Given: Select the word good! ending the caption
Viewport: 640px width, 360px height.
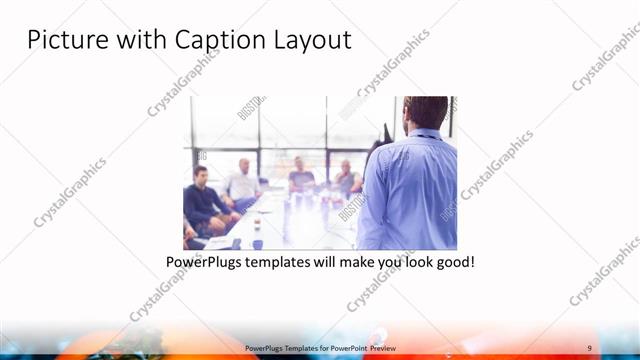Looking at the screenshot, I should [452, 263].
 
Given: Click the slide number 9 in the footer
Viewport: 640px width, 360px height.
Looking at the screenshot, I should [589, 348].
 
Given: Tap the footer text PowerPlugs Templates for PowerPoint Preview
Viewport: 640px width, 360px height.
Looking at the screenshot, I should [319, 348].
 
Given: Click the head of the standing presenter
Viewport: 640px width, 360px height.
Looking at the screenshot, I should [426, 112].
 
